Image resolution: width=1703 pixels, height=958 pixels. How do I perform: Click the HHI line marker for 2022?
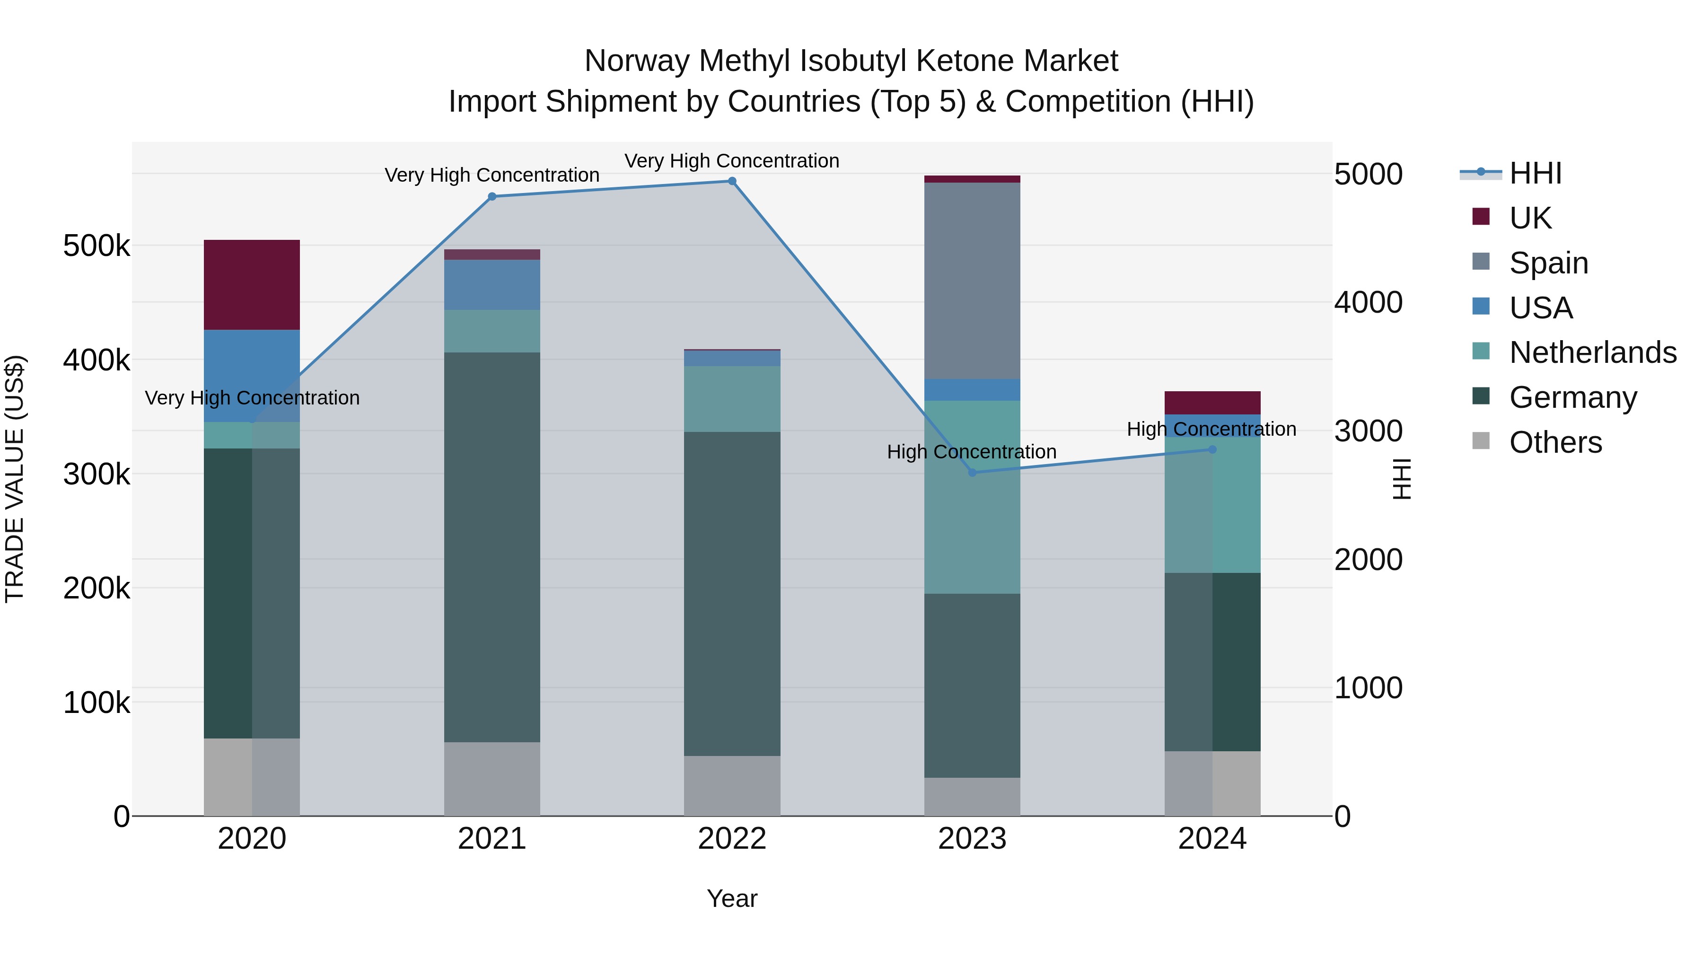pyautogui.click(x=732, y=181)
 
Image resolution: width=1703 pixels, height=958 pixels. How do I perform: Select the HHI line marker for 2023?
pyautogui.click(x=972, y=473)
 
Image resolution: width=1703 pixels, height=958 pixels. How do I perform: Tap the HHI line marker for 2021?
pyautogui.click(x=492, y=196)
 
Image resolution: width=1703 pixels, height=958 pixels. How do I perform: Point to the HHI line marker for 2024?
pyautogui.click(x=1212, y=449)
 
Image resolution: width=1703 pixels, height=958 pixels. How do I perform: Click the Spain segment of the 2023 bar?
pyautogui.click(x=972, y=281)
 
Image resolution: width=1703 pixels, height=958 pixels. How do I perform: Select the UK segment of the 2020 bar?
pyautogui.click(x=251, y=284)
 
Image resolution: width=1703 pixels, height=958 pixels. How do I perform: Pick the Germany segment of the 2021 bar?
pyautogui.click(x=492, y=547)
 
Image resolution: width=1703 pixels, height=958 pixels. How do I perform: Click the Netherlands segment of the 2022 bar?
pyautogui.click(x=732, y=399)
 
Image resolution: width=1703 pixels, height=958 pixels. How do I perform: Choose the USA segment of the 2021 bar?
pyautogui.click(x=492, y=284)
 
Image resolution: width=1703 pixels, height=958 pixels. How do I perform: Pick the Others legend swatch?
pyautogui.click(x=1481, y=441)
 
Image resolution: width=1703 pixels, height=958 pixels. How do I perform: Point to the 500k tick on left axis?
pyautogui.click(x=96, y=246)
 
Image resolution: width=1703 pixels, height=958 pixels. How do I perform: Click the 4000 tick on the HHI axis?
pyautogui.click(x=1368, y=303)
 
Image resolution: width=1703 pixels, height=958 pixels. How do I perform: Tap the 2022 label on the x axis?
pyautogui.click(x=732, y=839)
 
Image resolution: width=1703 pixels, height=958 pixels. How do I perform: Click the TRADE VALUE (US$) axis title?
pyautogui.click(x=15, y=479)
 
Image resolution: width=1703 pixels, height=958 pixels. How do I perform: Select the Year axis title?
pyautogui.click(x=732, y=898)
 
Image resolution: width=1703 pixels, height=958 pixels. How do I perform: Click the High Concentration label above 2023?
pyautogui.click(x=971, y=452)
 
